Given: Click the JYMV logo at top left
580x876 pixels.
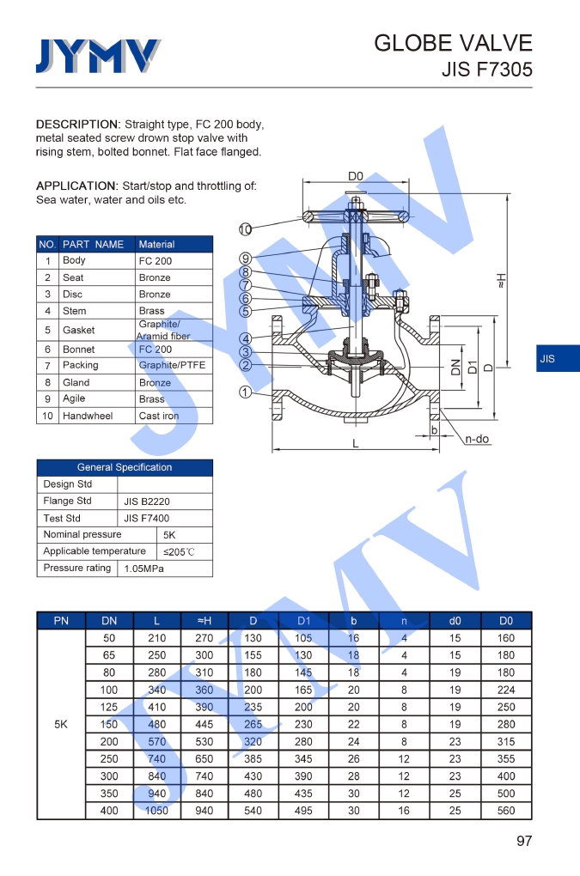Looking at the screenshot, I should [97, 56].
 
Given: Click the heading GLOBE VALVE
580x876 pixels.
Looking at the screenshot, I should [453, 43].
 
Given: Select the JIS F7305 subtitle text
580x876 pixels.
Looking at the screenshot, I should [486, 70].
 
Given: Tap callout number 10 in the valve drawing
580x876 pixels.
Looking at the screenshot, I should [246, 229].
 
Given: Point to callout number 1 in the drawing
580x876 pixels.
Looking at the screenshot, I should [246, 392].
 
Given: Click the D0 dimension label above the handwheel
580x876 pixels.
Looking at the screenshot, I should [355, 176].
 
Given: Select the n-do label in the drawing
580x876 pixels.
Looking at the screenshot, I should [477, 439].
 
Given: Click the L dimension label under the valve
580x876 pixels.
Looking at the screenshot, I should [356, 443].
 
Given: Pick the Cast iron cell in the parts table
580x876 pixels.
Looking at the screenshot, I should [159, 416].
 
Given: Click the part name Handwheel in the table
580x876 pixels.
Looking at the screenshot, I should [88, 416].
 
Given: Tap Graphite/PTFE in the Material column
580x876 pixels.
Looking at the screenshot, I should [172, 365].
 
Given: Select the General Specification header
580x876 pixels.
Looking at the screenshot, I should [125, 467].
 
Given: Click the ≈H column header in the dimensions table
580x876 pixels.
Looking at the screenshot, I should [205, 620].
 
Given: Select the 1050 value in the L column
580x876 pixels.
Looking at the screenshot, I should [156, 811].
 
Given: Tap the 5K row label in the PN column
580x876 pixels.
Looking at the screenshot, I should [61, 724].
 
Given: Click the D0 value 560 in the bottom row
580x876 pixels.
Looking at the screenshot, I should [506, 811].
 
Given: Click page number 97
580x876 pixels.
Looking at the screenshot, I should [523, 841].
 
